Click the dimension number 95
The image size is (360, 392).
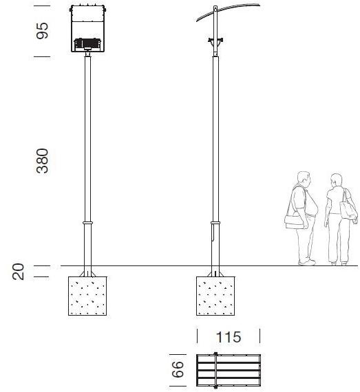[x=42, y=31]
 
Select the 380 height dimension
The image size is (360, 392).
[x=42, y=161]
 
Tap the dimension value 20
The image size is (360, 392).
[x=19, y=272]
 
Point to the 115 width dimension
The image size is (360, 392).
[x=229, y=337]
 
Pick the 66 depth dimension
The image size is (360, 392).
[x=178, y=369]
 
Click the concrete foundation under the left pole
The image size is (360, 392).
[x=87, y=296]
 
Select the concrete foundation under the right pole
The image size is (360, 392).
[x=215, y=296]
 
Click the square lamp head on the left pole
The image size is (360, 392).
[x=87, y=28]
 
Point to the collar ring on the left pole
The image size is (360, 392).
[x=87, y=223]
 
